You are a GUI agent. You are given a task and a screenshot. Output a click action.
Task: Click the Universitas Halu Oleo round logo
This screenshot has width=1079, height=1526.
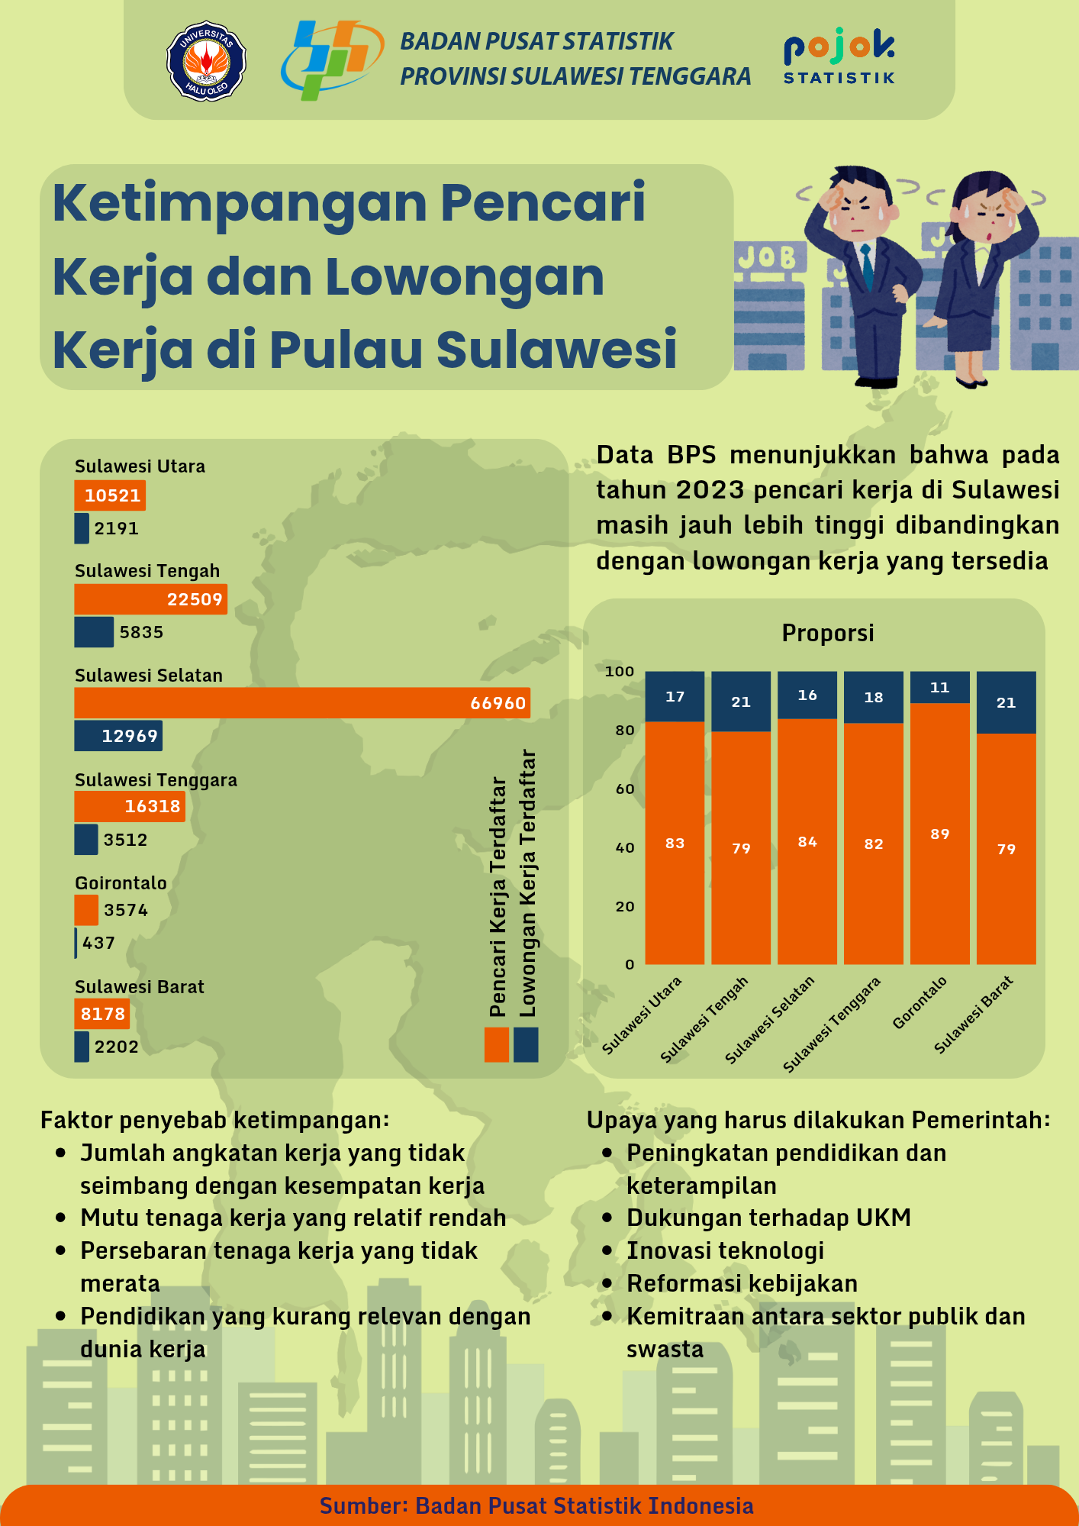(206, 61)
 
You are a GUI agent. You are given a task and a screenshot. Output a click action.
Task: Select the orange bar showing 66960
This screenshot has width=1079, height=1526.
(301, 703)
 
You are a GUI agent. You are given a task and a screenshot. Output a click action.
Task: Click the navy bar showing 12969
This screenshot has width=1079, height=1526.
(118, 736)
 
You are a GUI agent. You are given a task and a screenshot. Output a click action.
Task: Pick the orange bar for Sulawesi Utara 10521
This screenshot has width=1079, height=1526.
(110, 495)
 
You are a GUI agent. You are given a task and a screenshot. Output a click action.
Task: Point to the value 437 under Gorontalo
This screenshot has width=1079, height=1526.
(99, 943)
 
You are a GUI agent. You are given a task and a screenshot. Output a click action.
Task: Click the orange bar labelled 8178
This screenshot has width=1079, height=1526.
(102, 1014)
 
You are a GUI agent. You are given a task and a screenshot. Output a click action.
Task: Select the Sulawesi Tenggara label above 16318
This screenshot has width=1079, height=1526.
(156, 779)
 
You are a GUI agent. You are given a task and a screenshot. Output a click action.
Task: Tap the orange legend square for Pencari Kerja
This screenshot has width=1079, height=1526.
(497, 1044)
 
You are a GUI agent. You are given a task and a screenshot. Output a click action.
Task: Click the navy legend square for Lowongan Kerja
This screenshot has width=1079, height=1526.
(526, 1044)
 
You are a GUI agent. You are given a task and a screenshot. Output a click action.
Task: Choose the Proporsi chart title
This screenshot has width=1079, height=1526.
(828, 633)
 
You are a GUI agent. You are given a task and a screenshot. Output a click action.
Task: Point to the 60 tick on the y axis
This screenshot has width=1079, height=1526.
(625, 789)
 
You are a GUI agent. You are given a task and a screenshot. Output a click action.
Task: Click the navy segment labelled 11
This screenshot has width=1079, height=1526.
(939, 687)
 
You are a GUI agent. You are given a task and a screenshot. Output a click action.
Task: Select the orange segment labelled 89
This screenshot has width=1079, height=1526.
(939, 834)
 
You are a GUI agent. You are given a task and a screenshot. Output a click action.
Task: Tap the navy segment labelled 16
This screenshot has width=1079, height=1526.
(807, 695)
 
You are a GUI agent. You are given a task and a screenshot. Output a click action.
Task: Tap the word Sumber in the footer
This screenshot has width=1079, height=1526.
(362, 1505)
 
